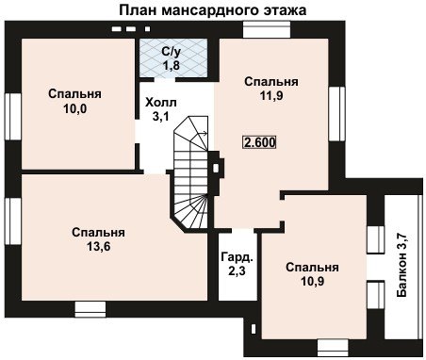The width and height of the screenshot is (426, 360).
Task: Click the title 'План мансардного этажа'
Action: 213,9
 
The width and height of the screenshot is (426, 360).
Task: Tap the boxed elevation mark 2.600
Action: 259,142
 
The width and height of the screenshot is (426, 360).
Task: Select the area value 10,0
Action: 75,108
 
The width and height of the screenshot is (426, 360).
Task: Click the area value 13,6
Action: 99,247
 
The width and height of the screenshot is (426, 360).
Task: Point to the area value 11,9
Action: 271,95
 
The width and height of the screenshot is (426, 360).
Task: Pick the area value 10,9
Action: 312,281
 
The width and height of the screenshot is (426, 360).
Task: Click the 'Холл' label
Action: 161,103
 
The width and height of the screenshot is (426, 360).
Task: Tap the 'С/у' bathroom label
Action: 172,51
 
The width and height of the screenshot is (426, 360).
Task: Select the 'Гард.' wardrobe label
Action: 237,257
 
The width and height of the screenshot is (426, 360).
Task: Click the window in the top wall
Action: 267,29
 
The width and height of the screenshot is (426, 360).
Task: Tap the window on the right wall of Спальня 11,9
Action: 336,114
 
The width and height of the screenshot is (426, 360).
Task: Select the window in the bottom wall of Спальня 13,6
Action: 90,310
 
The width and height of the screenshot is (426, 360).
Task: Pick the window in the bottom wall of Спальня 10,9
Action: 333,348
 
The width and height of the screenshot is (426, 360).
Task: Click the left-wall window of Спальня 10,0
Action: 13,117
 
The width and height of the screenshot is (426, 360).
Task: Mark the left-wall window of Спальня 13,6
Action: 13,221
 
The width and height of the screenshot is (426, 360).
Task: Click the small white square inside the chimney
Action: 216,169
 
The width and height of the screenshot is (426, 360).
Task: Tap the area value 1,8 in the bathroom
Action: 171,66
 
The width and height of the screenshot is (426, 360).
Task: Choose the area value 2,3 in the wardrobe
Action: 237,270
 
